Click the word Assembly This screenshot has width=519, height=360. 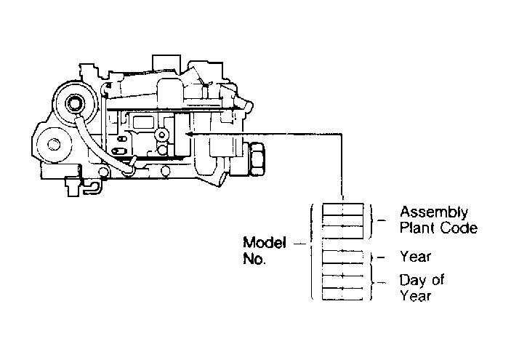click(434, 212)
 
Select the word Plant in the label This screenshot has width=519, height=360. click(416, 228)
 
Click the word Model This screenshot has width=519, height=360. click(264, 242)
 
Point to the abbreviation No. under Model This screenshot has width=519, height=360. click(254, 259)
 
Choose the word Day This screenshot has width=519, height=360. click(412, 281)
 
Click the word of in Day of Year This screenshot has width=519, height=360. click(438, 280)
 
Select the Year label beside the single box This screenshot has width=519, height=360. click(415, 257)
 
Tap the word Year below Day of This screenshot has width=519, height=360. click(415, 295)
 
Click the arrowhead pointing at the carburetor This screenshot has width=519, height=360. click(189, 134)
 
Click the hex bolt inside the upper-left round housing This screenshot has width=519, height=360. click(73, 103)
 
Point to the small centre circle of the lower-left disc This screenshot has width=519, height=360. click(54, 145)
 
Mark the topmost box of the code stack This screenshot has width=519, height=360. click(343, 209)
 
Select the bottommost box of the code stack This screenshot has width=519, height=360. click(343, 294)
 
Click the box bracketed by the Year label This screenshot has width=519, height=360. click(343, 257)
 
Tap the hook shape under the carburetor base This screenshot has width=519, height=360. click(92, 188)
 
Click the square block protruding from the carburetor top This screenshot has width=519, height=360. click(166, 63)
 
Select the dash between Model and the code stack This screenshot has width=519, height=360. click(300, 244)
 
